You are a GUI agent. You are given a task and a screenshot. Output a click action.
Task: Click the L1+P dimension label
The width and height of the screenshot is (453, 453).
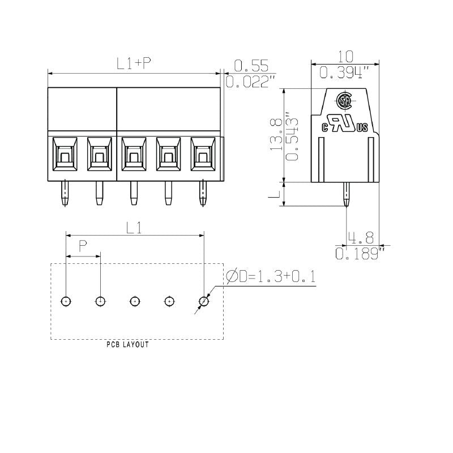tap(134, 64)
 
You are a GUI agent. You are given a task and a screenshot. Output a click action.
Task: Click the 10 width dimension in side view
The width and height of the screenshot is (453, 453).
tap(345, 56)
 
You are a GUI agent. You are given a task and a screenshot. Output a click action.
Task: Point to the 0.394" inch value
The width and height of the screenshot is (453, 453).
tap(344, 72)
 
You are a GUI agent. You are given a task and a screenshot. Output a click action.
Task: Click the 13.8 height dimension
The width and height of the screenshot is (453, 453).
tap(276, 135)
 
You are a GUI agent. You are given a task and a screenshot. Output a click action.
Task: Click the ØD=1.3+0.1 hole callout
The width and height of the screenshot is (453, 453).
tap(270, 277)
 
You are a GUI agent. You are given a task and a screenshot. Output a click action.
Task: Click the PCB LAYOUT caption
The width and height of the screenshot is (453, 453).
tap(128, 345)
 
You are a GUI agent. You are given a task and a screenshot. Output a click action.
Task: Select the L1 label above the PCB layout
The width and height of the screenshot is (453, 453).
tap(134, 228)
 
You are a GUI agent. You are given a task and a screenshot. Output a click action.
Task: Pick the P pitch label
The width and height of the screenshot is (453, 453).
tap(83, 246)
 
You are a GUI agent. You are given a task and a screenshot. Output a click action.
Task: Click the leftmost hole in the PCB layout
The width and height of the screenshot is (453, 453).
tap(66, 301)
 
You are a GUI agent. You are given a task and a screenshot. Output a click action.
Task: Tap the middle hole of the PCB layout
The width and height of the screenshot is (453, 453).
tap(135, 301)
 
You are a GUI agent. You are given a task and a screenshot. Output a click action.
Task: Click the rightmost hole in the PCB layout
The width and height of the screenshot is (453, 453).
tap(203, 301)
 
